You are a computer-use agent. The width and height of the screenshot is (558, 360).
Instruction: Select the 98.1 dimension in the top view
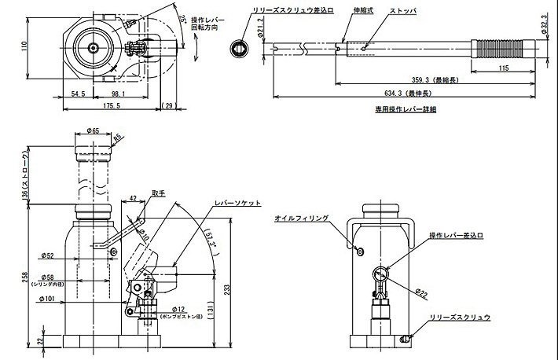117,94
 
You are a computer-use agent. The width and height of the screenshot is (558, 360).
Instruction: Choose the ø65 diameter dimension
92,133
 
